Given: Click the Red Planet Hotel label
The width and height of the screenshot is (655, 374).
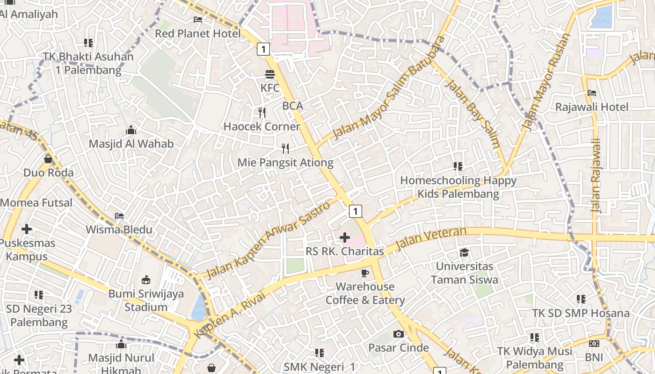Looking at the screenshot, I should tap(198, 34).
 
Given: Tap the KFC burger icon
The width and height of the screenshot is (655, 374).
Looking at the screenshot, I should tap(269, 74).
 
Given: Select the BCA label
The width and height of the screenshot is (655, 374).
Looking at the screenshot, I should tap(292, 106).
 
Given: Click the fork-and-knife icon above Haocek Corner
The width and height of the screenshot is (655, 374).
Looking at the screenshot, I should tap(262, 113).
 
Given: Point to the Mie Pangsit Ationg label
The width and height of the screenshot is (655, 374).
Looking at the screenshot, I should tap(285, 163).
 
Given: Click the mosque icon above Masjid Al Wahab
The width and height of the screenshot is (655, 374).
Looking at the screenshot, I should tap(131, 130).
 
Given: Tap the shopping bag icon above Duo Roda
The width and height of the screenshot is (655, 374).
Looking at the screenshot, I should tap(48, 159).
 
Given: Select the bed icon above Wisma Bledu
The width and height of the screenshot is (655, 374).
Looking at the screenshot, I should tap(119, 216).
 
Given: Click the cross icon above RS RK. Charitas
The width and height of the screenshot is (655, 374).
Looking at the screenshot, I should tap(345, 237).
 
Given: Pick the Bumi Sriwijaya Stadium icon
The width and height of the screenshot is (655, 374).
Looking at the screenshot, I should tap(146, 280).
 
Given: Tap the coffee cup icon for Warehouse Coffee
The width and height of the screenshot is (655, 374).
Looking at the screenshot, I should tap(365, 273).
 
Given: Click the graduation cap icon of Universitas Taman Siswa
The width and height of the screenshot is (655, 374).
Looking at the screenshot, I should tap(464, 253).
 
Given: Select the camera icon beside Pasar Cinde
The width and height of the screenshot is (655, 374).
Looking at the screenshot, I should tap(398, 334).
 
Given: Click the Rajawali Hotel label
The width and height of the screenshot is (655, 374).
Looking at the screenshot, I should tap(592, 107).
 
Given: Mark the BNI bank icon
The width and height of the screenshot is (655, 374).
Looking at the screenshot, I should tap(594, 344).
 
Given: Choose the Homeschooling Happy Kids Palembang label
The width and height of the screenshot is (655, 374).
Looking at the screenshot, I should tap(458, 187).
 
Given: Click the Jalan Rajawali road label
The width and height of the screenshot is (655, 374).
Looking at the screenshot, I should tap(596, 175).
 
